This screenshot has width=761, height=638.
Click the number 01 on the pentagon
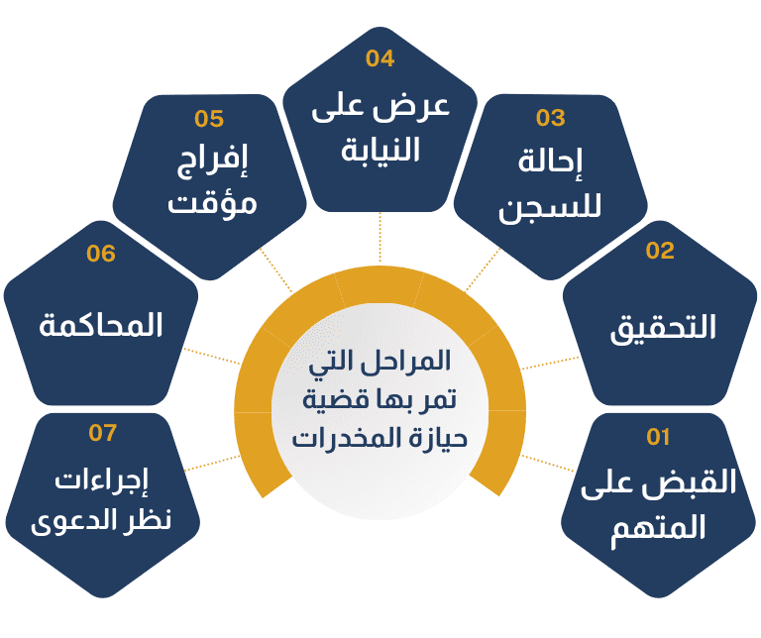(x=659, y=436)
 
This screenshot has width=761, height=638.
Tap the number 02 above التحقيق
(x=660, y=251)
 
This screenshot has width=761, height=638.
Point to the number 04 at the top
(x=380, y=58)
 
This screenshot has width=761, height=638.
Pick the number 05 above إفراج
(x=209, y=120)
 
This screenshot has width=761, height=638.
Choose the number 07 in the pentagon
(x=102, y=433)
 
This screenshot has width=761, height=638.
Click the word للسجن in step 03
(x=551, y=209)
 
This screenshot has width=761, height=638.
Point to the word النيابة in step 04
(x=380, y=150)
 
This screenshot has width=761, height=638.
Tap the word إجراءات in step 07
(x=103, y=482)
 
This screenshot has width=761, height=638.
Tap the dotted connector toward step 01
(x=543, y=463)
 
